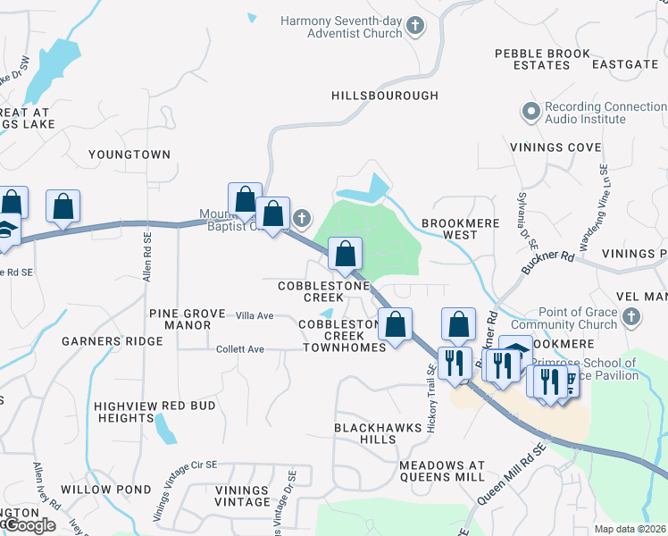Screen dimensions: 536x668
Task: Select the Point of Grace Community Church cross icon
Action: click(631, 317)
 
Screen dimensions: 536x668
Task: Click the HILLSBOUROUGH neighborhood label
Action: click(385, 96)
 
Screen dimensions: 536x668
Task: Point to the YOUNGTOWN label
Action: click(129, 155)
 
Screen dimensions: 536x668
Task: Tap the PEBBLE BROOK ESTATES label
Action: click(543, 60)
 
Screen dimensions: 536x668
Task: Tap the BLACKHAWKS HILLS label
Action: click(377, 433)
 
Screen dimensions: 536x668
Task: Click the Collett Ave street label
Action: click(240, 348)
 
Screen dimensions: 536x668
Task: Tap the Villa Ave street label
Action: click(254, 315)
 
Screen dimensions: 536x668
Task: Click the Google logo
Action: click(29, 525)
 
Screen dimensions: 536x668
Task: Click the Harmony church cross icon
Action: click(414, 27)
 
